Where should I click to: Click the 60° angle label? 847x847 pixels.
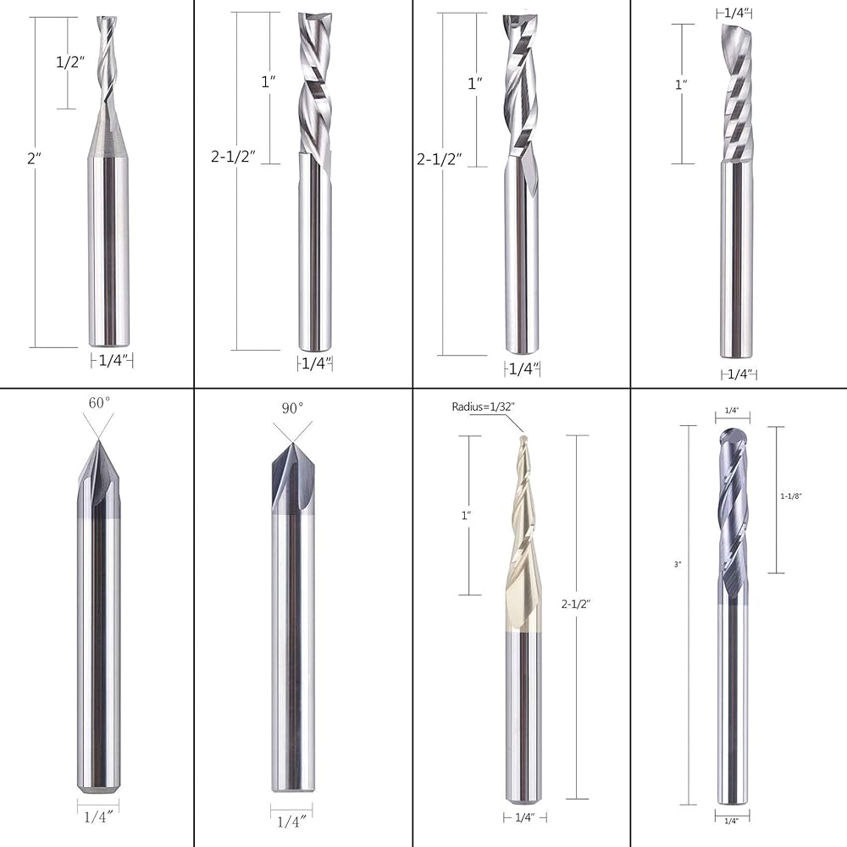(x=99, y=403)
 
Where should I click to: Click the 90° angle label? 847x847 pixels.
(x=292, y=408)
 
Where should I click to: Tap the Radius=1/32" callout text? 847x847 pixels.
(x=484, y=407)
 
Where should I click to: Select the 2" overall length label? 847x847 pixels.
(x=35, y=158)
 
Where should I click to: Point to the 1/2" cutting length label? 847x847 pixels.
(x=71, y=62)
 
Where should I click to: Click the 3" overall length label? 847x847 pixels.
(x=678, y=564)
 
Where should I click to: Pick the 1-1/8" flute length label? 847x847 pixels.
(x=791, y=495)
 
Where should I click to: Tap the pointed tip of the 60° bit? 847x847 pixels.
(x=98, y=440)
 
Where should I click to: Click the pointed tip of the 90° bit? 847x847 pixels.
(x=292, y=444)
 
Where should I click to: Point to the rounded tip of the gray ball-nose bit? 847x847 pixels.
(x=732, y=430)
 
